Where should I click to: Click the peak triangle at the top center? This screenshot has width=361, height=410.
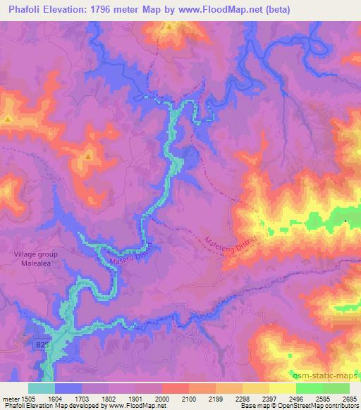(169, 27)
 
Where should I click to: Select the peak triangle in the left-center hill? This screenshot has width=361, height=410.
(88, 156)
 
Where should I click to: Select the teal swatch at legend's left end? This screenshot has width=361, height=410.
(41, 388)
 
